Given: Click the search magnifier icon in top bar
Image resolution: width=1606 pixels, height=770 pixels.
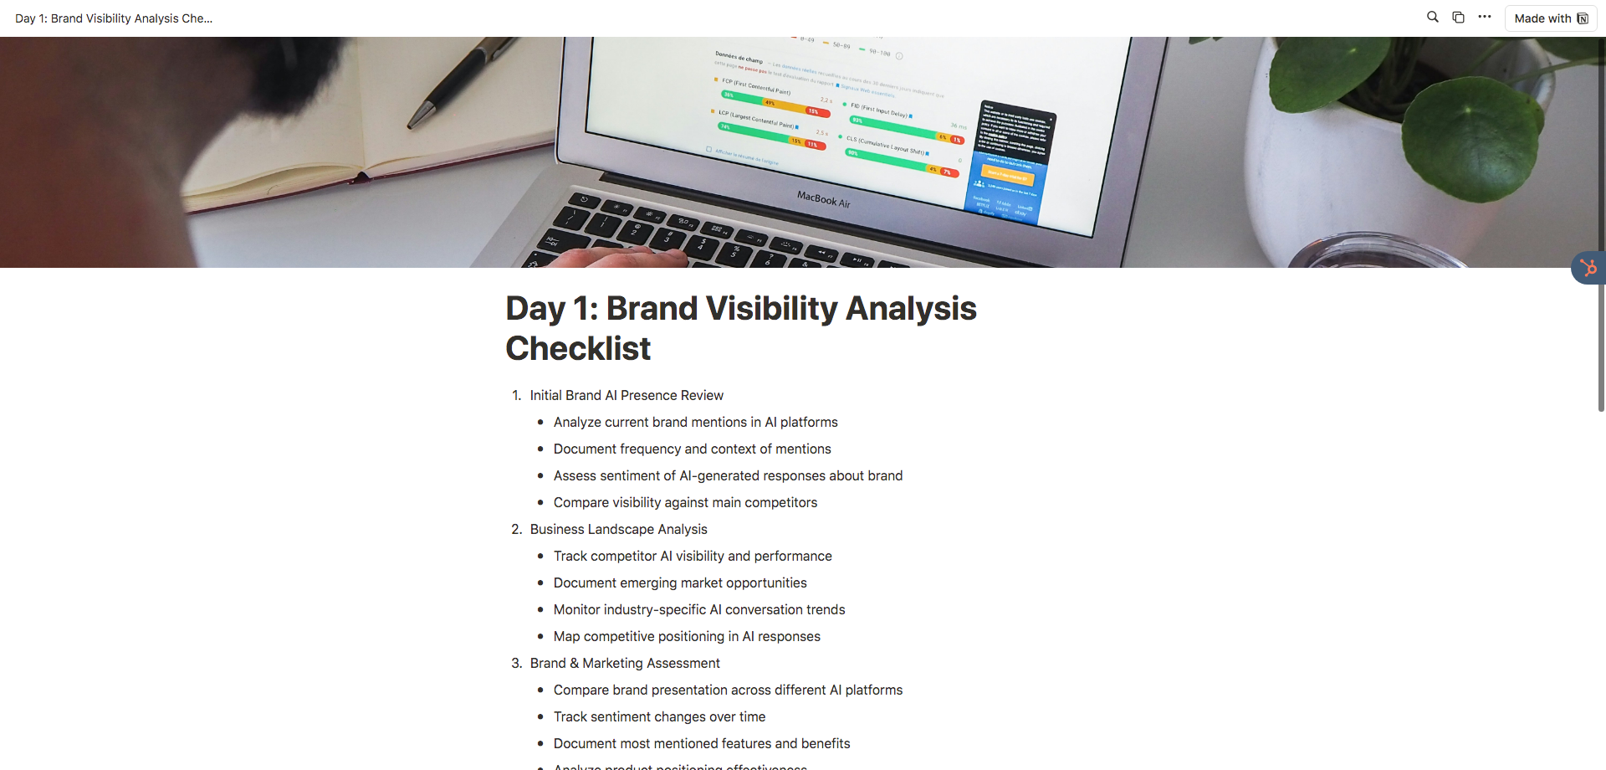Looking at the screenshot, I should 1432,17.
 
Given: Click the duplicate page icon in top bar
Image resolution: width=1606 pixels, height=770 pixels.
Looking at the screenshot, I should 1458,17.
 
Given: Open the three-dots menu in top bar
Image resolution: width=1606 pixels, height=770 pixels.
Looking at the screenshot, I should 1484,17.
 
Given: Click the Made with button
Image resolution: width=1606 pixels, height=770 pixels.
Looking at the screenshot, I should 1550,18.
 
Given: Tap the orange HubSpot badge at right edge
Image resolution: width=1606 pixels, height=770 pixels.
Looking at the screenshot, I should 1588,268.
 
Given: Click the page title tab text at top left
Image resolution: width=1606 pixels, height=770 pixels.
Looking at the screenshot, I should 114,18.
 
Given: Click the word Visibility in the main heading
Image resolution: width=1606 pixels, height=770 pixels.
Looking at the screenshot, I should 771,309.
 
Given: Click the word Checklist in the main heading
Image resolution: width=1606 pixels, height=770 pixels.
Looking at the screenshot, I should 578,349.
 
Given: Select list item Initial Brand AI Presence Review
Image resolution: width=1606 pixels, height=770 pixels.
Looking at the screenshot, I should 627,395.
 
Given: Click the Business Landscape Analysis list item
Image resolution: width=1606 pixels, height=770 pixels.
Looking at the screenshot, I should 618,529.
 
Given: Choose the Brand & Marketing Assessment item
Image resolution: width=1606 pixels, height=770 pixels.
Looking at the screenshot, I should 625,663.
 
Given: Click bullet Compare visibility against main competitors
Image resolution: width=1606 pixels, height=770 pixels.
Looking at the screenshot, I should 685,502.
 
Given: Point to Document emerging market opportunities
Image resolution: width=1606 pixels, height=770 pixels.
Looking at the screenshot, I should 680,583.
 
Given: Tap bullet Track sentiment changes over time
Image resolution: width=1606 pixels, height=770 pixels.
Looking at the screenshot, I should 659,716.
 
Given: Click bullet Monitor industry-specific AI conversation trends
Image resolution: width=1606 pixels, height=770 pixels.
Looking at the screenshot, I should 699,609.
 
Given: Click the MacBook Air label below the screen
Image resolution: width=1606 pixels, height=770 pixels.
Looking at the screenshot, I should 823,199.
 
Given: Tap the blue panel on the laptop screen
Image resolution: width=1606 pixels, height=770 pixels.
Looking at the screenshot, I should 1008,192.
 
